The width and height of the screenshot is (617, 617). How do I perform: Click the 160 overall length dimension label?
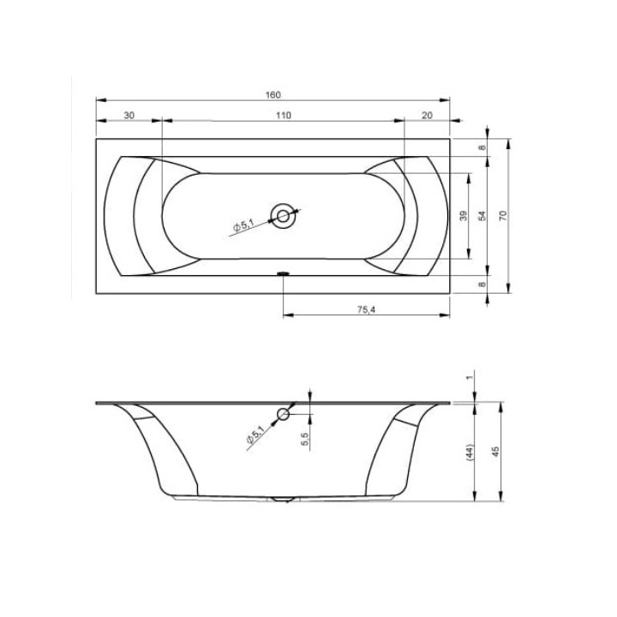(273, 95)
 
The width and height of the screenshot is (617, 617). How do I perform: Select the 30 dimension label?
(129, 115)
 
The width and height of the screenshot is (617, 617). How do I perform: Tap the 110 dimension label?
(284, 115)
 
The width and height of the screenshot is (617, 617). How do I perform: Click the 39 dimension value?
(463, 217)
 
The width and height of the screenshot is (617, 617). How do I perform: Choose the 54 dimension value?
(482, 217)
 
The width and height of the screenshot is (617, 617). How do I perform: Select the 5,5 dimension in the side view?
(305, 438)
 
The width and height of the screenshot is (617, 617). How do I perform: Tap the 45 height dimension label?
(494, 452)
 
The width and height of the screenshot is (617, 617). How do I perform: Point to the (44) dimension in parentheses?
(470, 452)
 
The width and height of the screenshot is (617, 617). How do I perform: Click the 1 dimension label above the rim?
(470, 377)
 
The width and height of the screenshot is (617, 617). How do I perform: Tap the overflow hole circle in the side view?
(284, 416)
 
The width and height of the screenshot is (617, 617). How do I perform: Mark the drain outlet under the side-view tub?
(283, 497)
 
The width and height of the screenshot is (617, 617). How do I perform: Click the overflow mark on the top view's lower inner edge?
(283, 274)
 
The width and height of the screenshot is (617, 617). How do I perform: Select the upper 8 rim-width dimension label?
(482, 147)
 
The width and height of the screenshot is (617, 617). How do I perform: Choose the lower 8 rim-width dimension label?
(482, 285)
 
